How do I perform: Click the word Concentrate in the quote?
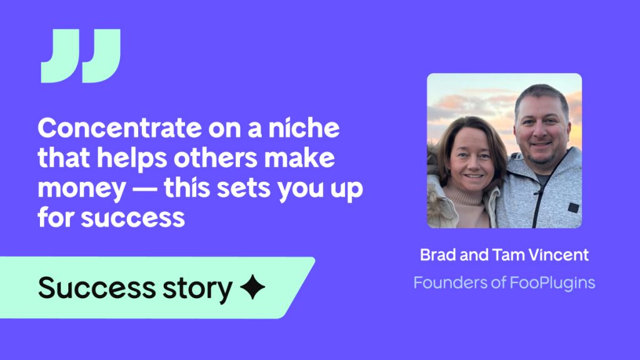click(x=119, y=127)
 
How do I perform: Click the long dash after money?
click(x=145, y=189)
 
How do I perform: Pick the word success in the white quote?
click(x=133, y=218)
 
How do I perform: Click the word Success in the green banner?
click(x=97, y=287)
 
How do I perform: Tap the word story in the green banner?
click(x=197, y=289)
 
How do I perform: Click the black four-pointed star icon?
click(x=252, y=287)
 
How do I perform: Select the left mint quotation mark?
click(x=61, y=56)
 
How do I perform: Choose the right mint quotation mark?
click(x=102, y=56)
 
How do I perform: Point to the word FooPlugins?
click(x=552, y=283)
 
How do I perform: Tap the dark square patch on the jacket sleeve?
click(x=574, y=207)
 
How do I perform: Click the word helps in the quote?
click(x=132, y=158)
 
